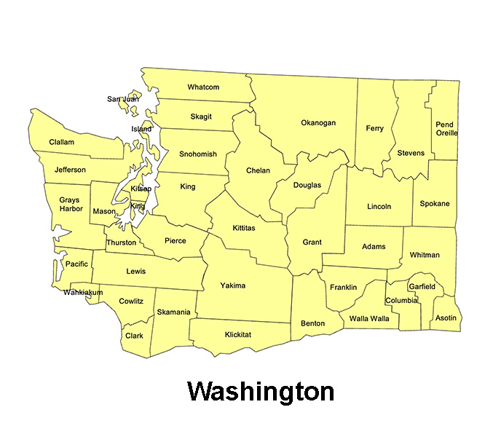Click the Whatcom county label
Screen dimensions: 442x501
[x=203, y=87]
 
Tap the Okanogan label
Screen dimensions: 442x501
[x=318, y=123]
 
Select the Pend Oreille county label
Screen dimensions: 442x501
[x=446, y=129]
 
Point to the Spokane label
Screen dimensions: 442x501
[x=435, y=204]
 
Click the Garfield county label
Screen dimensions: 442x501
[x=422, y=287]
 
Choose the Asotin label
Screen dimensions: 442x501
[x=445, y=318]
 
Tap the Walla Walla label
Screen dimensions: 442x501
[x=369, y=318]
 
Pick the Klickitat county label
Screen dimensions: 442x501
[x=236, y=334]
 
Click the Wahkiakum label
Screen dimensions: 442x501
[x=83, y=293]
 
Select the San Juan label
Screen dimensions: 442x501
[x=122, y=99]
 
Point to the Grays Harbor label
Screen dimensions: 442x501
[x=70, y=205]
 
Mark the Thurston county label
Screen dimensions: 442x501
[x=121, y=242]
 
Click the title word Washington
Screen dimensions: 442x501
[x=261, y=391]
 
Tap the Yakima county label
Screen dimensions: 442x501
[x=233, y=285]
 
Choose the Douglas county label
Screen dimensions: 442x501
[x=307, y=185]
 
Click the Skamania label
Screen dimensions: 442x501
[x=174, y=312]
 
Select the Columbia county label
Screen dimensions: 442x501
[x=402, y=301]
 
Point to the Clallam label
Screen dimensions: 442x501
[x=62, y=142]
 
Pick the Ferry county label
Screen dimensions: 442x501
[x=374, y=129]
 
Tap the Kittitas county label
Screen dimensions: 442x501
[x=244, y=229]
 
